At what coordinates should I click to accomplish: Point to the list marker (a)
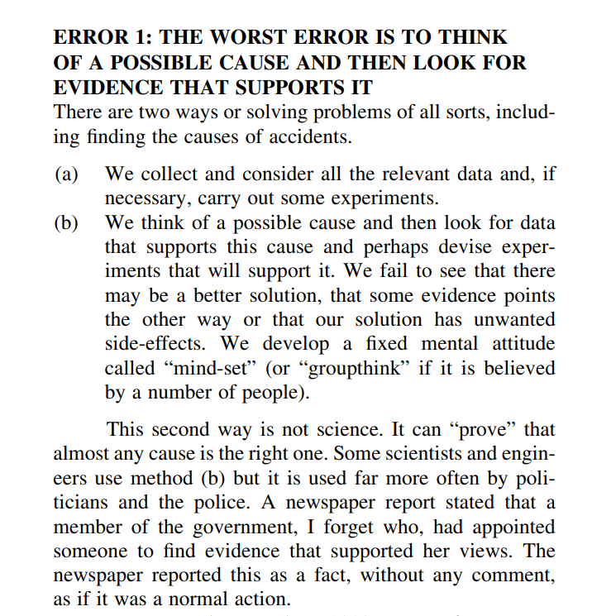pos(67,174)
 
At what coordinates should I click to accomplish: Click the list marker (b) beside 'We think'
pos(67,223)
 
